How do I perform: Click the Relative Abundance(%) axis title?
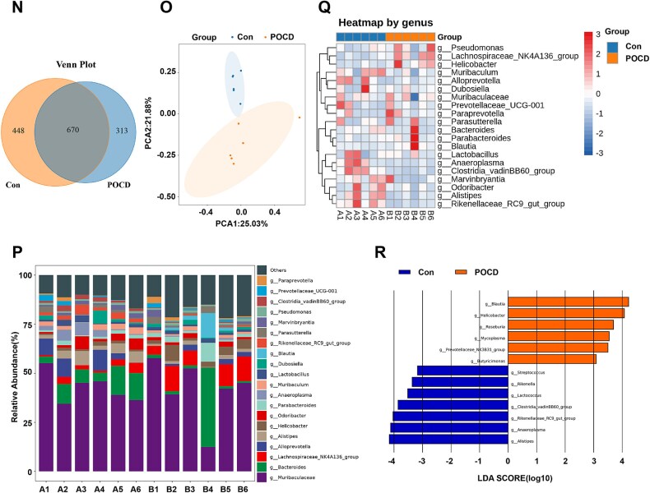[12, 375]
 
